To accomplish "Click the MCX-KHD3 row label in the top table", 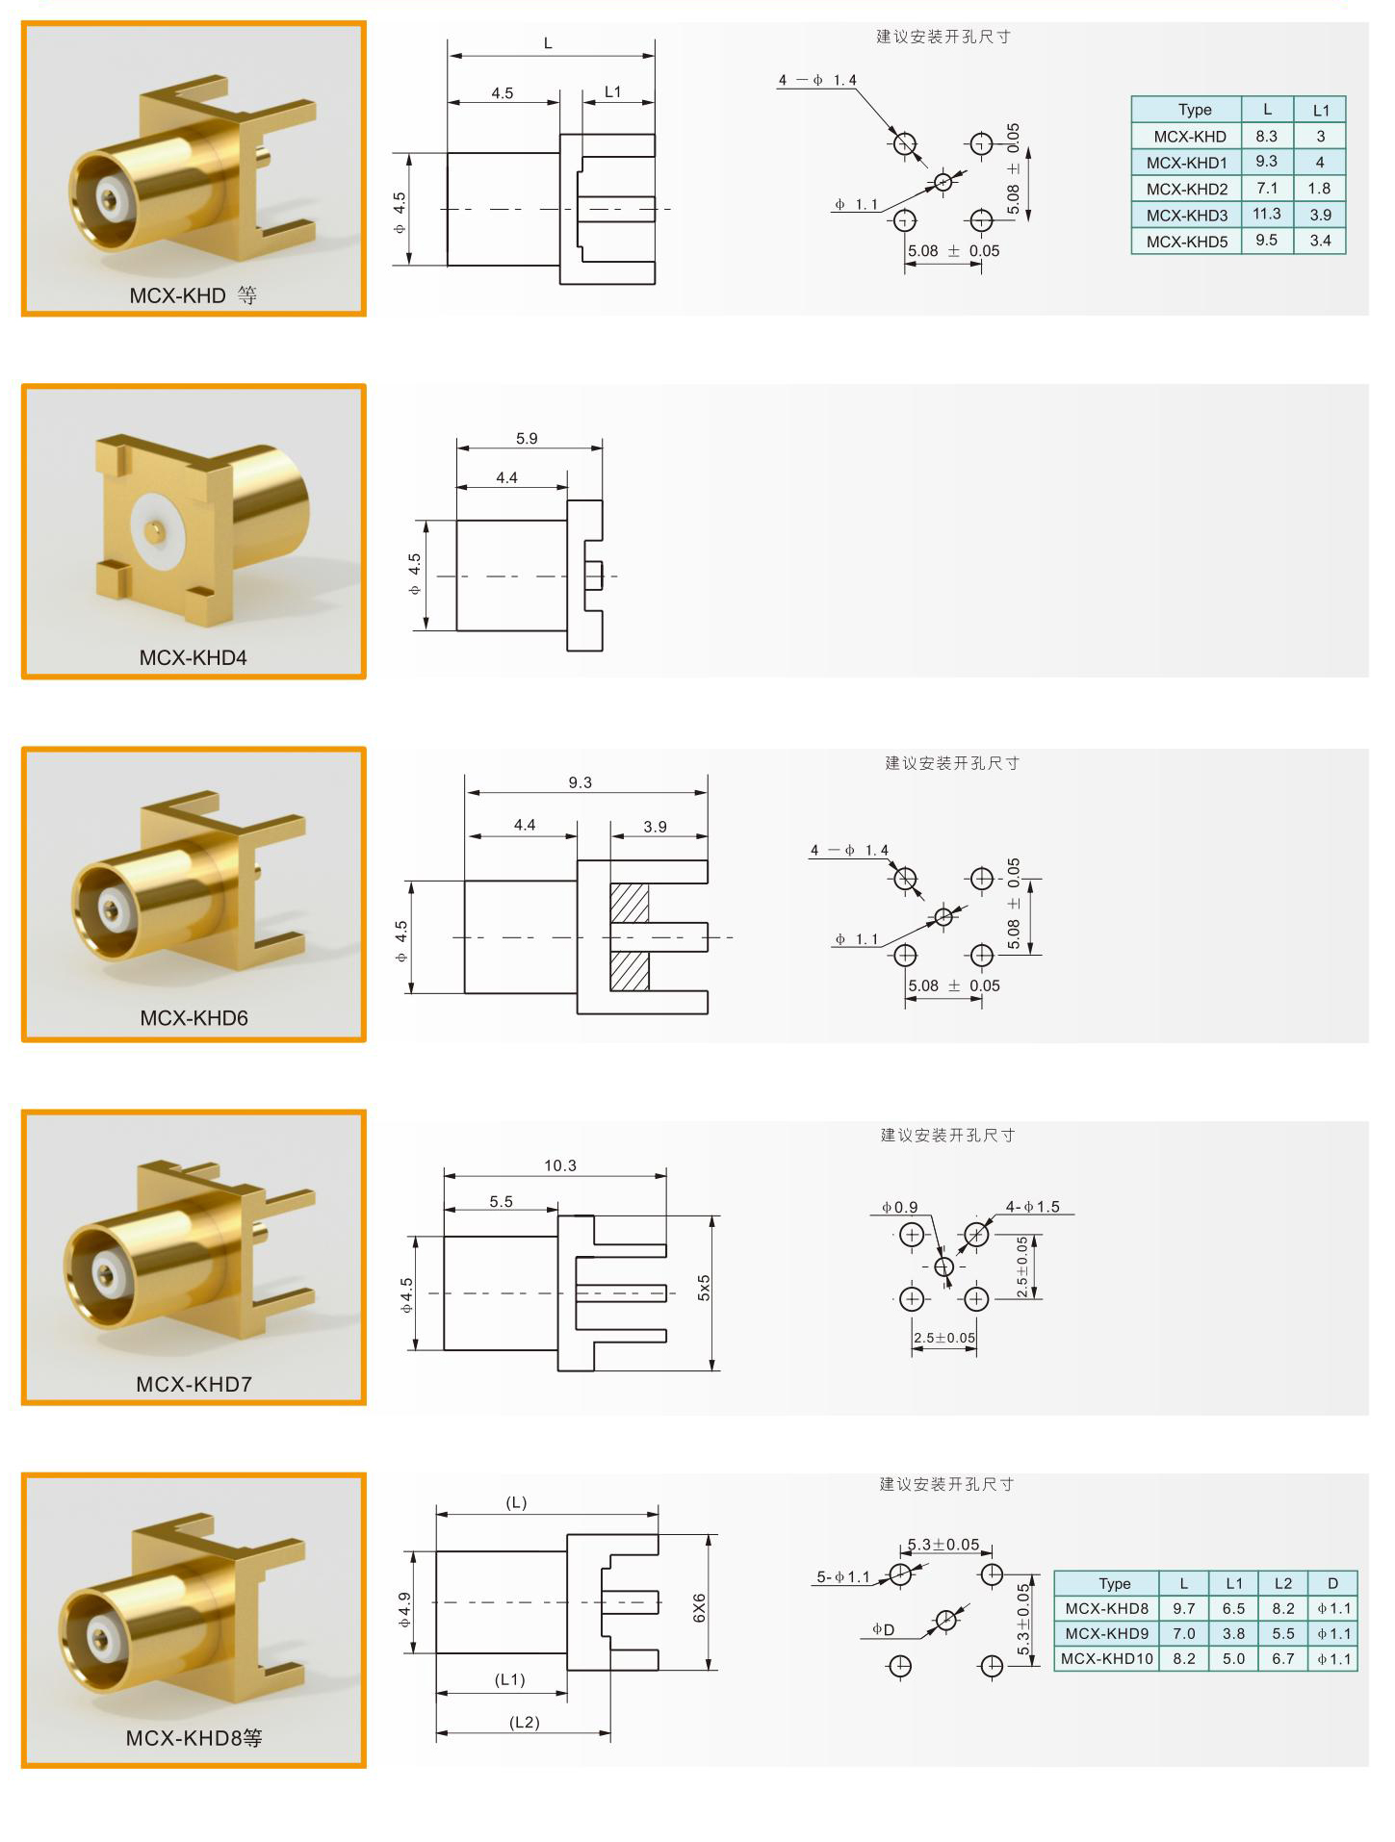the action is click(1186, 215).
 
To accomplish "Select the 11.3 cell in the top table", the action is click(1266, 214).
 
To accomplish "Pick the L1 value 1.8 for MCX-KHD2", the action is click(1319, 189).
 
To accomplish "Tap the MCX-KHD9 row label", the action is click(1106, 1633).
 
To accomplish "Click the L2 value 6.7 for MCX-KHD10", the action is click(1282, 1658).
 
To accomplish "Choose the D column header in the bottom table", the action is click(1332, 1583).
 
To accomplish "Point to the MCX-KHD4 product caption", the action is click(194, 657).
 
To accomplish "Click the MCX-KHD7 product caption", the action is click(194, 1384).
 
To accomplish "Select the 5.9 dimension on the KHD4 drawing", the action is click(527, 439).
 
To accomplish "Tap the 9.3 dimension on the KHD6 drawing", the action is click(580, 782).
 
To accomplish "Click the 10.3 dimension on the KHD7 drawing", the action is click(559, 1165).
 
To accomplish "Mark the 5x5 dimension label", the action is click(704, 1288).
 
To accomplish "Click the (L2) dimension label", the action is click(525, 1722).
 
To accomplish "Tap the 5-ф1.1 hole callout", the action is click(843, 1576).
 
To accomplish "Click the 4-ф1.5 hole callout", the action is click(1032, 1207).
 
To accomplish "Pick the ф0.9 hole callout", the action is click(899, 1207).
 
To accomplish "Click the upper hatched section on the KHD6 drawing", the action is click(630, 903).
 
